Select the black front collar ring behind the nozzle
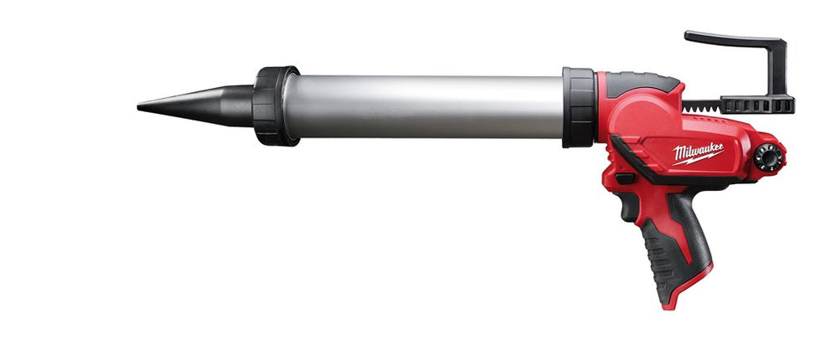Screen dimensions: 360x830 tap(275, 105)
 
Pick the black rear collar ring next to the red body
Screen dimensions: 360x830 tap(578, 107)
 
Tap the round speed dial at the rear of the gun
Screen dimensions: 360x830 tap(766, 157)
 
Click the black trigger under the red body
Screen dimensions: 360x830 tap(625, 178)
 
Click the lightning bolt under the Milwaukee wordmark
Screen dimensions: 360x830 tap(700, 159)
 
